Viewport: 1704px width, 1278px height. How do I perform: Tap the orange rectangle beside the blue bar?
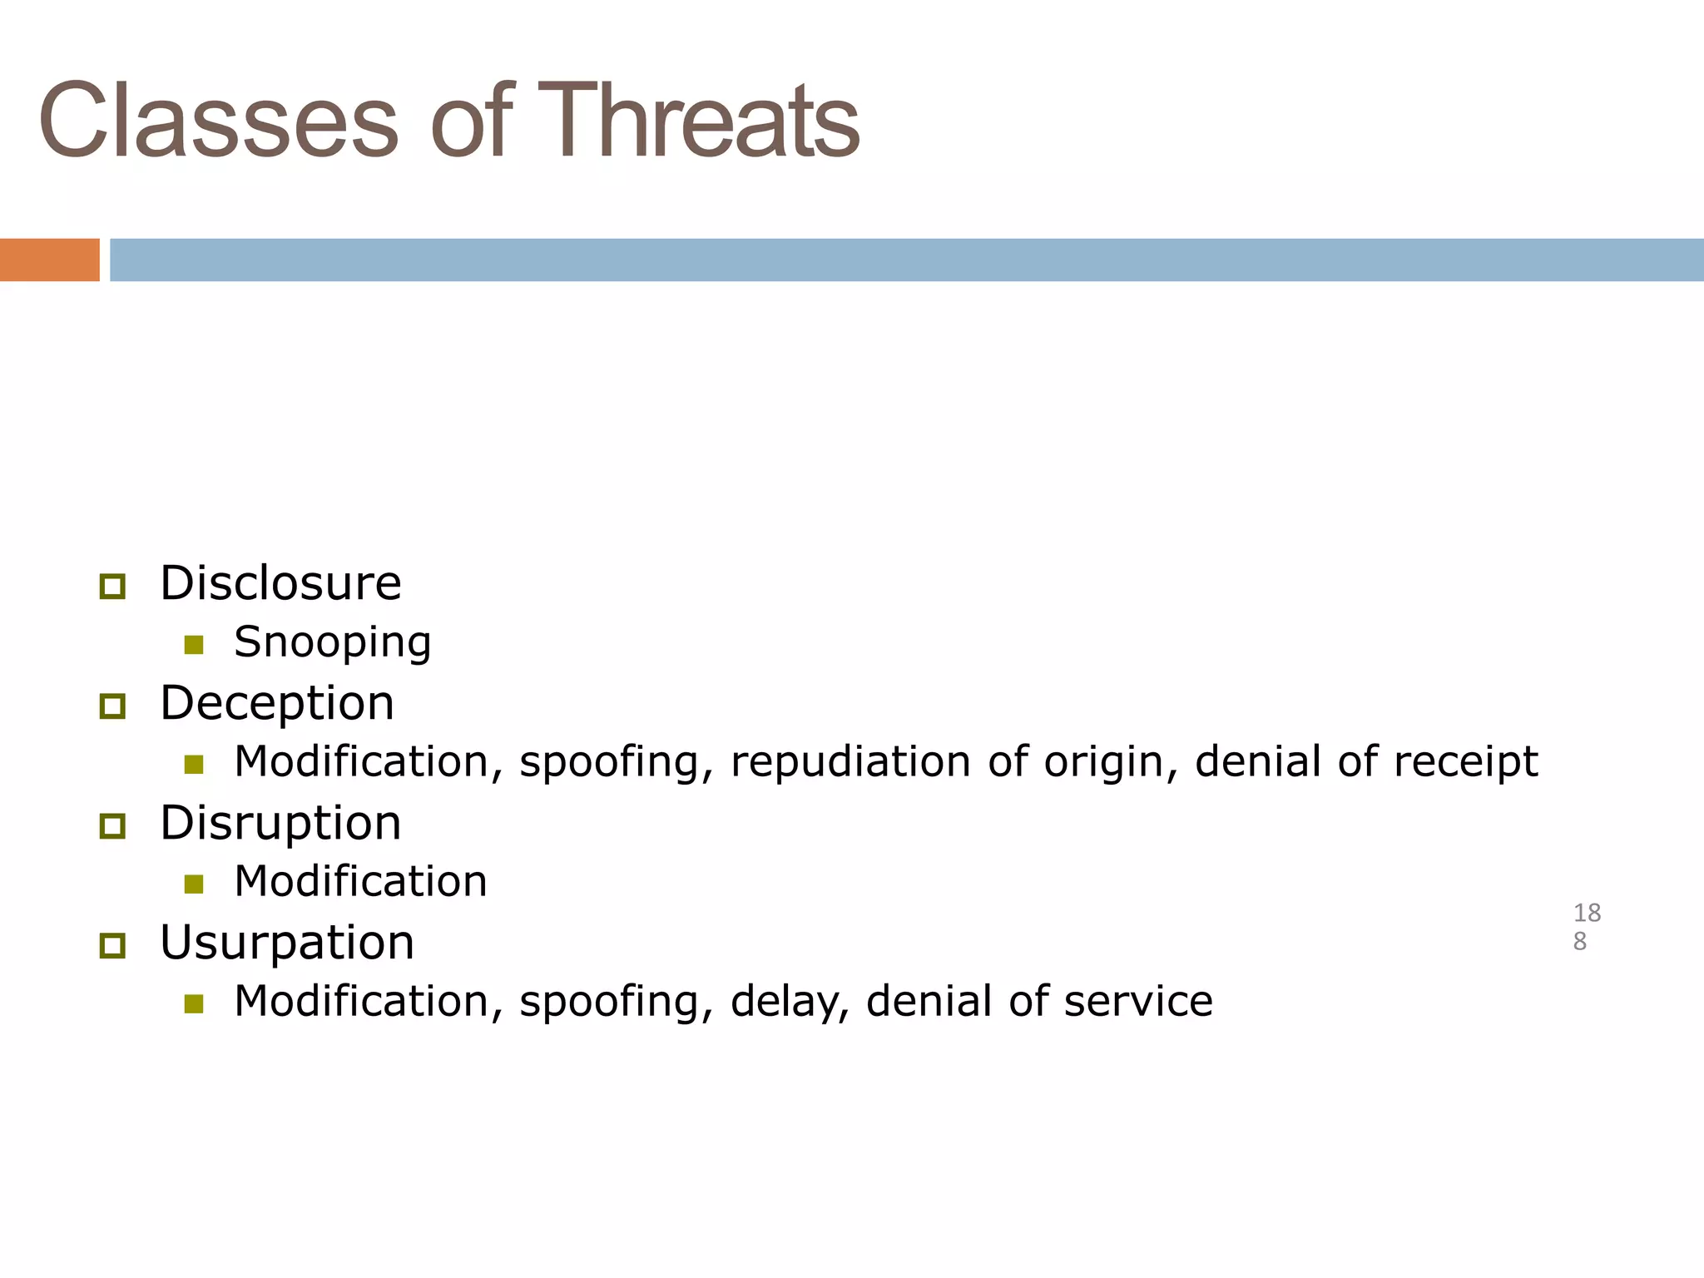click(x=49, y=260)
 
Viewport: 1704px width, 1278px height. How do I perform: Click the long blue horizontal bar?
click(x=905, y=260)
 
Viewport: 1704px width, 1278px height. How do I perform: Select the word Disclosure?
click(x=280, y=583)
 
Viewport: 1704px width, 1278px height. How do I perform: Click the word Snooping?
click(x=332, y=643)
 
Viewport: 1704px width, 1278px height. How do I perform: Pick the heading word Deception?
click(x=277, y=704)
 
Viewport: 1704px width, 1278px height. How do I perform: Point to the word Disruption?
click(x=280, y=824)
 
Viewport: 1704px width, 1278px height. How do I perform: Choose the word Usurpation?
click(x=286, y=943)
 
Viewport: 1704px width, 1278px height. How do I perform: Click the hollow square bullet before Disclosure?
click(x=112, y=587)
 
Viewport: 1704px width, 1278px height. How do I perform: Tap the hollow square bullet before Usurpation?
click(x=112, y=946)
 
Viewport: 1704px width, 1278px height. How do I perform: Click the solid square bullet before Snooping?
click(x=194, y=645)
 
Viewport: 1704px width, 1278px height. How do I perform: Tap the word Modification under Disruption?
click(x=360, y=882)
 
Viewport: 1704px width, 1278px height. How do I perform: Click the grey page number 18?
click(x=1587, y=914)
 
